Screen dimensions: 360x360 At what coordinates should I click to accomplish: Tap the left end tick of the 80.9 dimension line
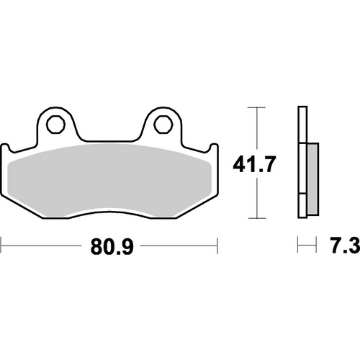coord(2,248)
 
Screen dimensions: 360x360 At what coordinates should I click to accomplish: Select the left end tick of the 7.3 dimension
coord(298,248)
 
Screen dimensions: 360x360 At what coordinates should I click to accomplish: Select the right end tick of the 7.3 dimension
coord(316,248)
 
